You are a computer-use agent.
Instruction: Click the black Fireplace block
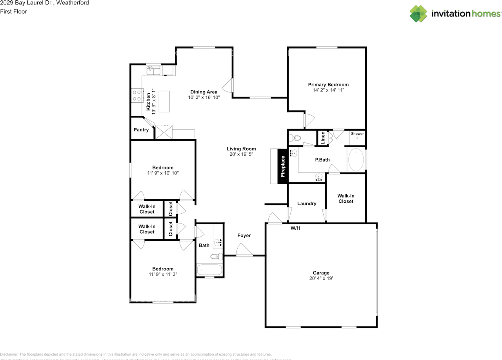283,166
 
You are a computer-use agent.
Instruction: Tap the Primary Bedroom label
328,85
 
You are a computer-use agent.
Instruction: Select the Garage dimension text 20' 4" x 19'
321,278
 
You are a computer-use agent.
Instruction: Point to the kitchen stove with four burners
136,96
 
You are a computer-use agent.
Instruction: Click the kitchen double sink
153,71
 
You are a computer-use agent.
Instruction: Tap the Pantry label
141,130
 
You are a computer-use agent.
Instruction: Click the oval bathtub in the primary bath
356,160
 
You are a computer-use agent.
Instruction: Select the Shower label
357,134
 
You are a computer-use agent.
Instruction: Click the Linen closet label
323,138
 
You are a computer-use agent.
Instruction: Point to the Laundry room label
307,204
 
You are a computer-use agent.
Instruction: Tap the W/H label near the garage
295,228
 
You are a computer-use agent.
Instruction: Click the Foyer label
244,235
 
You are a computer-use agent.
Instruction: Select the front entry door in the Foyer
244,251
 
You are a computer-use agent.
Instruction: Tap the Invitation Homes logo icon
418,14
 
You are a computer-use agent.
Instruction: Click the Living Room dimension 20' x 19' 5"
241,155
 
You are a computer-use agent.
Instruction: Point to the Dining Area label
204,92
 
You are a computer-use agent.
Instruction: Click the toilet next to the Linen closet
294,138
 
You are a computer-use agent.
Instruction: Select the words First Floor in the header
13,11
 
